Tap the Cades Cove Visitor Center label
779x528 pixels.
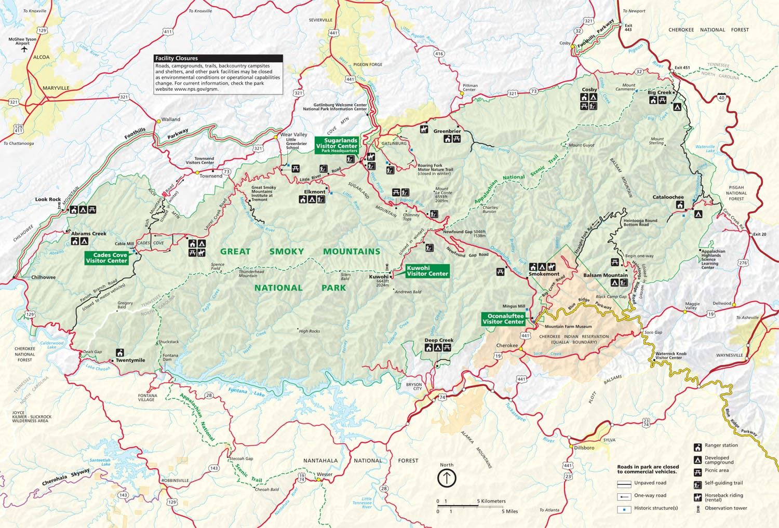coord(106,258)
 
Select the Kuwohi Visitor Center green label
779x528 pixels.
coord(427,270)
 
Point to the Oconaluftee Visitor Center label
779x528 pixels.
coord(503,319)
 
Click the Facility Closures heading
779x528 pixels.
coord(177,59)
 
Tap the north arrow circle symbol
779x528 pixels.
coord(447,478)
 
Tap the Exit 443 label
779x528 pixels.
coord(628,28)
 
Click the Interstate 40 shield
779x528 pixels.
coord(721,97)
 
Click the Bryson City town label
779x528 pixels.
coord(414,386)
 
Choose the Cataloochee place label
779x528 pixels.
coord(668,197)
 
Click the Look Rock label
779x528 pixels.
coord(48,199)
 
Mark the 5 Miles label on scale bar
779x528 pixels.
coord(509,511)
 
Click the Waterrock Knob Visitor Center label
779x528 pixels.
coord(670,356)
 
